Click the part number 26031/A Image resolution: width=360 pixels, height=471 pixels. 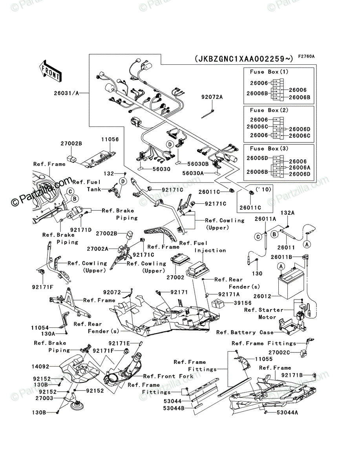pos(66,93)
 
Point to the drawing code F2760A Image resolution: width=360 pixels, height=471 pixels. pos(306,57)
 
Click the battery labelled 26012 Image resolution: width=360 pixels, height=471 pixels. pos(291,281)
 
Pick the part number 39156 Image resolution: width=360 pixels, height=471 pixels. pos(243,303)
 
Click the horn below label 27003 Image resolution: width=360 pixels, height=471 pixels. pos(76,406)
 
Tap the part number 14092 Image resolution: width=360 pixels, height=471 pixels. pos(40,367)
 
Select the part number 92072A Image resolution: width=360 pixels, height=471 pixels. pos(212,97)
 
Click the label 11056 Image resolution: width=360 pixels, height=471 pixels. pos(110,139)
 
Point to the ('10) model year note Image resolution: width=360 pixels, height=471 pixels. pos(263,189)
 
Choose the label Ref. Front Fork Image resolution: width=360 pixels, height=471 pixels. pos(168,376)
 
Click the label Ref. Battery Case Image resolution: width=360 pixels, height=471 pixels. pos(245,332)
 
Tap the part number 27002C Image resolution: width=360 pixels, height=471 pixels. pos(279,352)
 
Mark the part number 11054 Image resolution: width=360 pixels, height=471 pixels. pos(40,328)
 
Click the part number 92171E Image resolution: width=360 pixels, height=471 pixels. pos(119,343)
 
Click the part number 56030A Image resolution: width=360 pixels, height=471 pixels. pos(193,173)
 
